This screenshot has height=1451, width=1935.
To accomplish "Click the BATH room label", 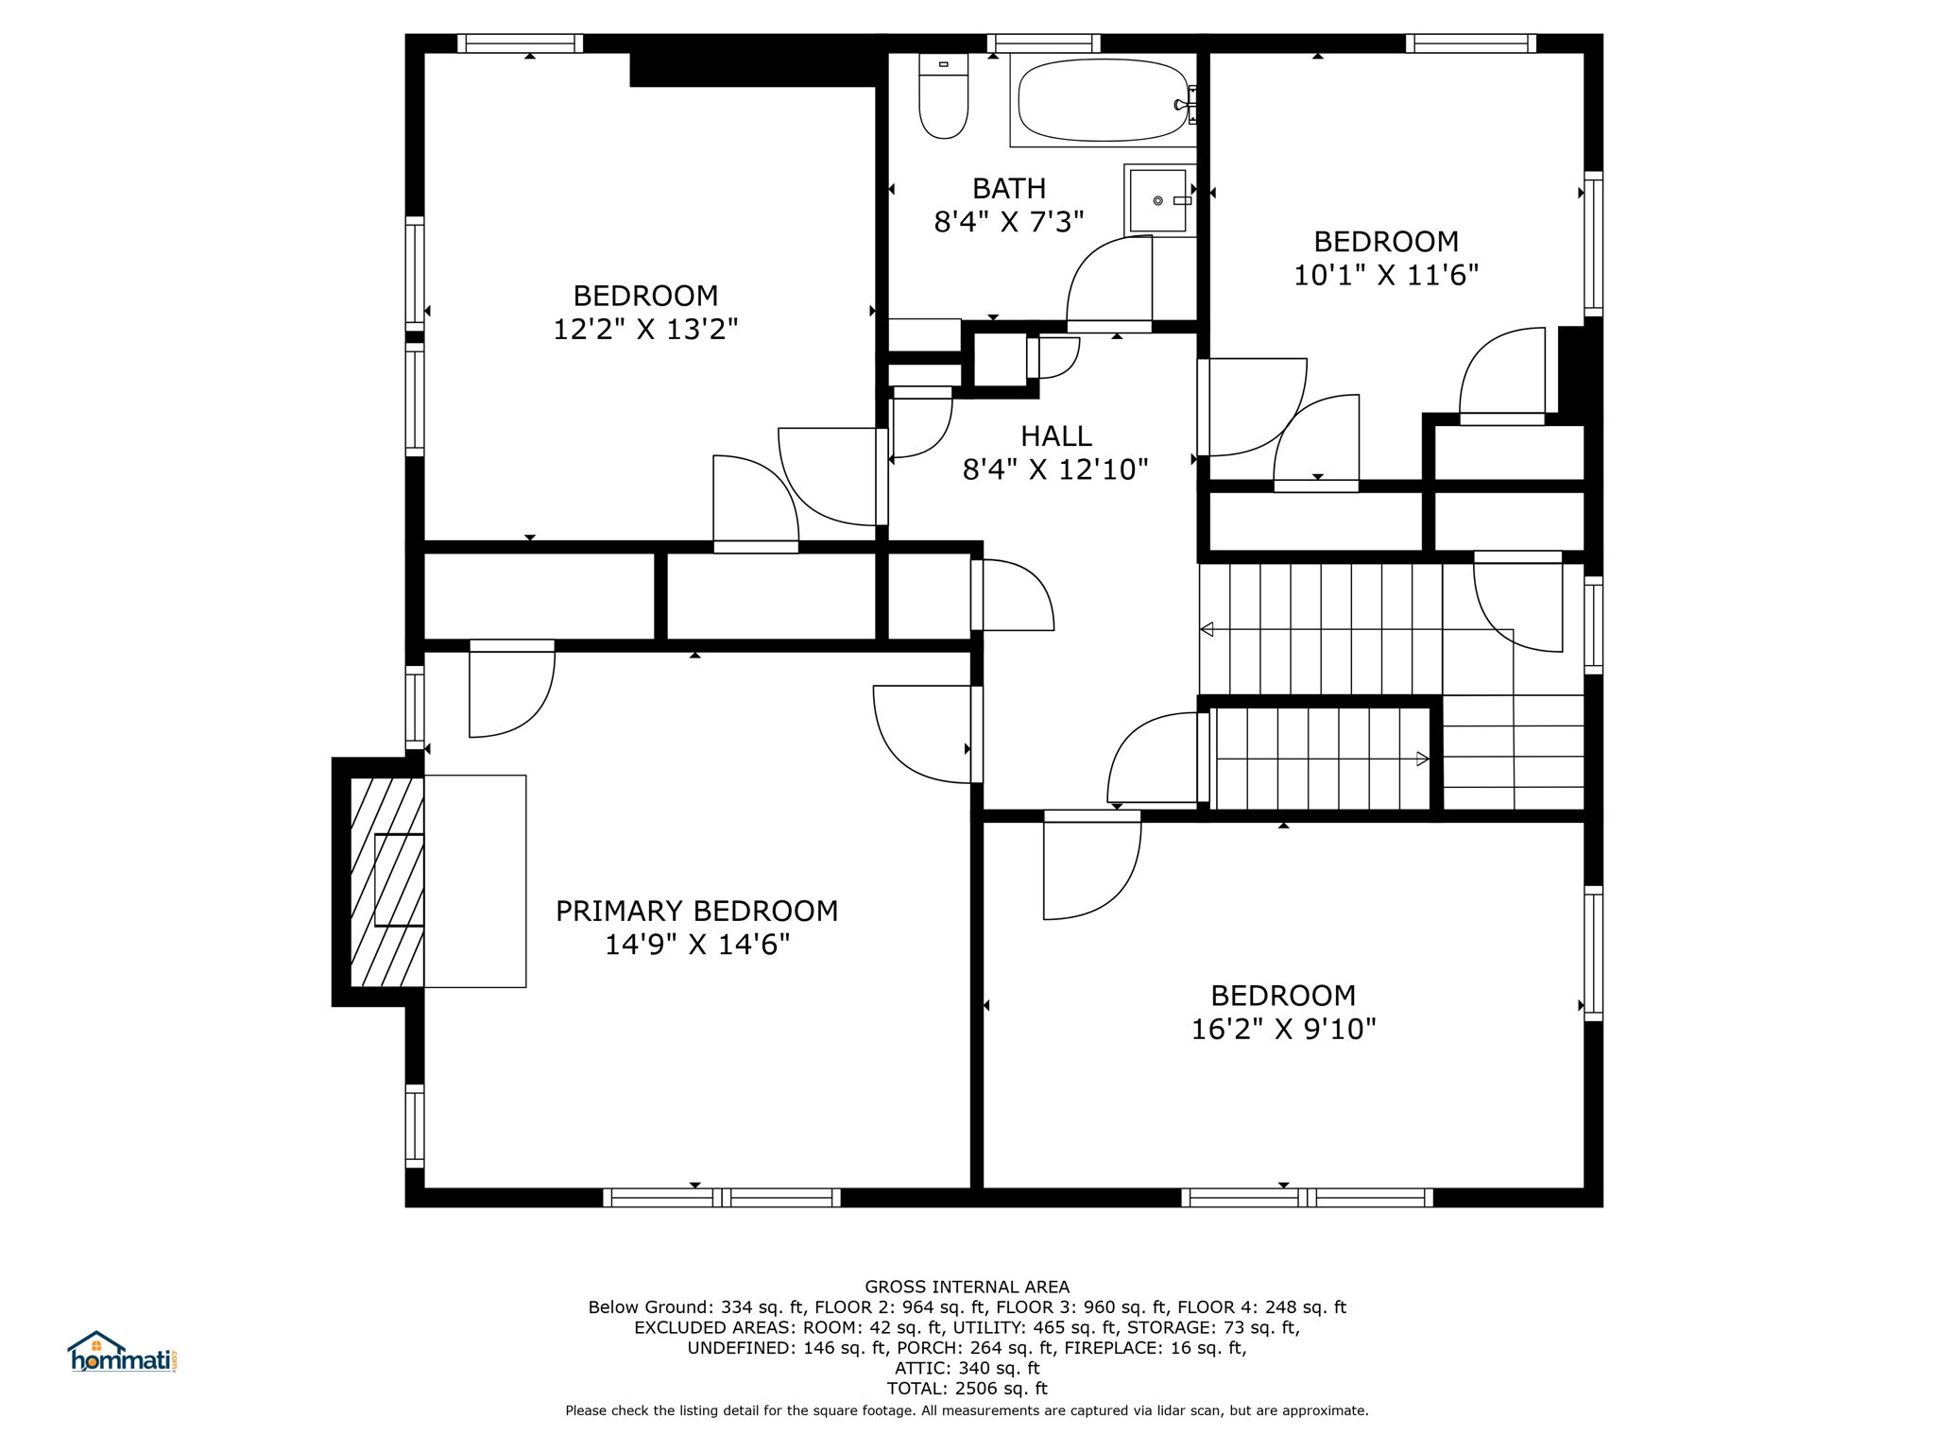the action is (1009, 188).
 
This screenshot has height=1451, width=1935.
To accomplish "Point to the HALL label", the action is (1056, 435).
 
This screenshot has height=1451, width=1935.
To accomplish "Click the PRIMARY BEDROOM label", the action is (696, 911).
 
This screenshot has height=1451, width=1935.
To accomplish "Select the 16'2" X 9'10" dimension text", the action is (1283, 1029).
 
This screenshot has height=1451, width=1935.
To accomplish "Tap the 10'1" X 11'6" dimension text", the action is (1386, 275).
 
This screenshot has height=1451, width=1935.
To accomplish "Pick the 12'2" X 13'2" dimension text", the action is (645, 330).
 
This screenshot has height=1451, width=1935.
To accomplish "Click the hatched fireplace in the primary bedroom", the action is (387, 881).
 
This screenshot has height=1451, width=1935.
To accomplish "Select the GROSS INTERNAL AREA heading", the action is (967, 1287).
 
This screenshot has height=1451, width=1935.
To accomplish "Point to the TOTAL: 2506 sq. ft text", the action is (967, 1389).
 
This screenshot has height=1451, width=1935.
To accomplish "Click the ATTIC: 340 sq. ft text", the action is (967, 1368).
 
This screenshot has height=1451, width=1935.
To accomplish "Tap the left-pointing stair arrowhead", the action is (1207, 629).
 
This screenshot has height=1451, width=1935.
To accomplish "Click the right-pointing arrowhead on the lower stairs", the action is (1422, 758).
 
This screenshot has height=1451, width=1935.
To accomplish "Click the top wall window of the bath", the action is (1044, 43).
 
